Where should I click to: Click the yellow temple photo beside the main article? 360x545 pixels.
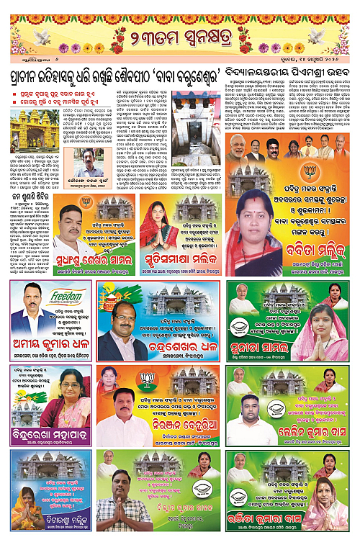30,129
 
